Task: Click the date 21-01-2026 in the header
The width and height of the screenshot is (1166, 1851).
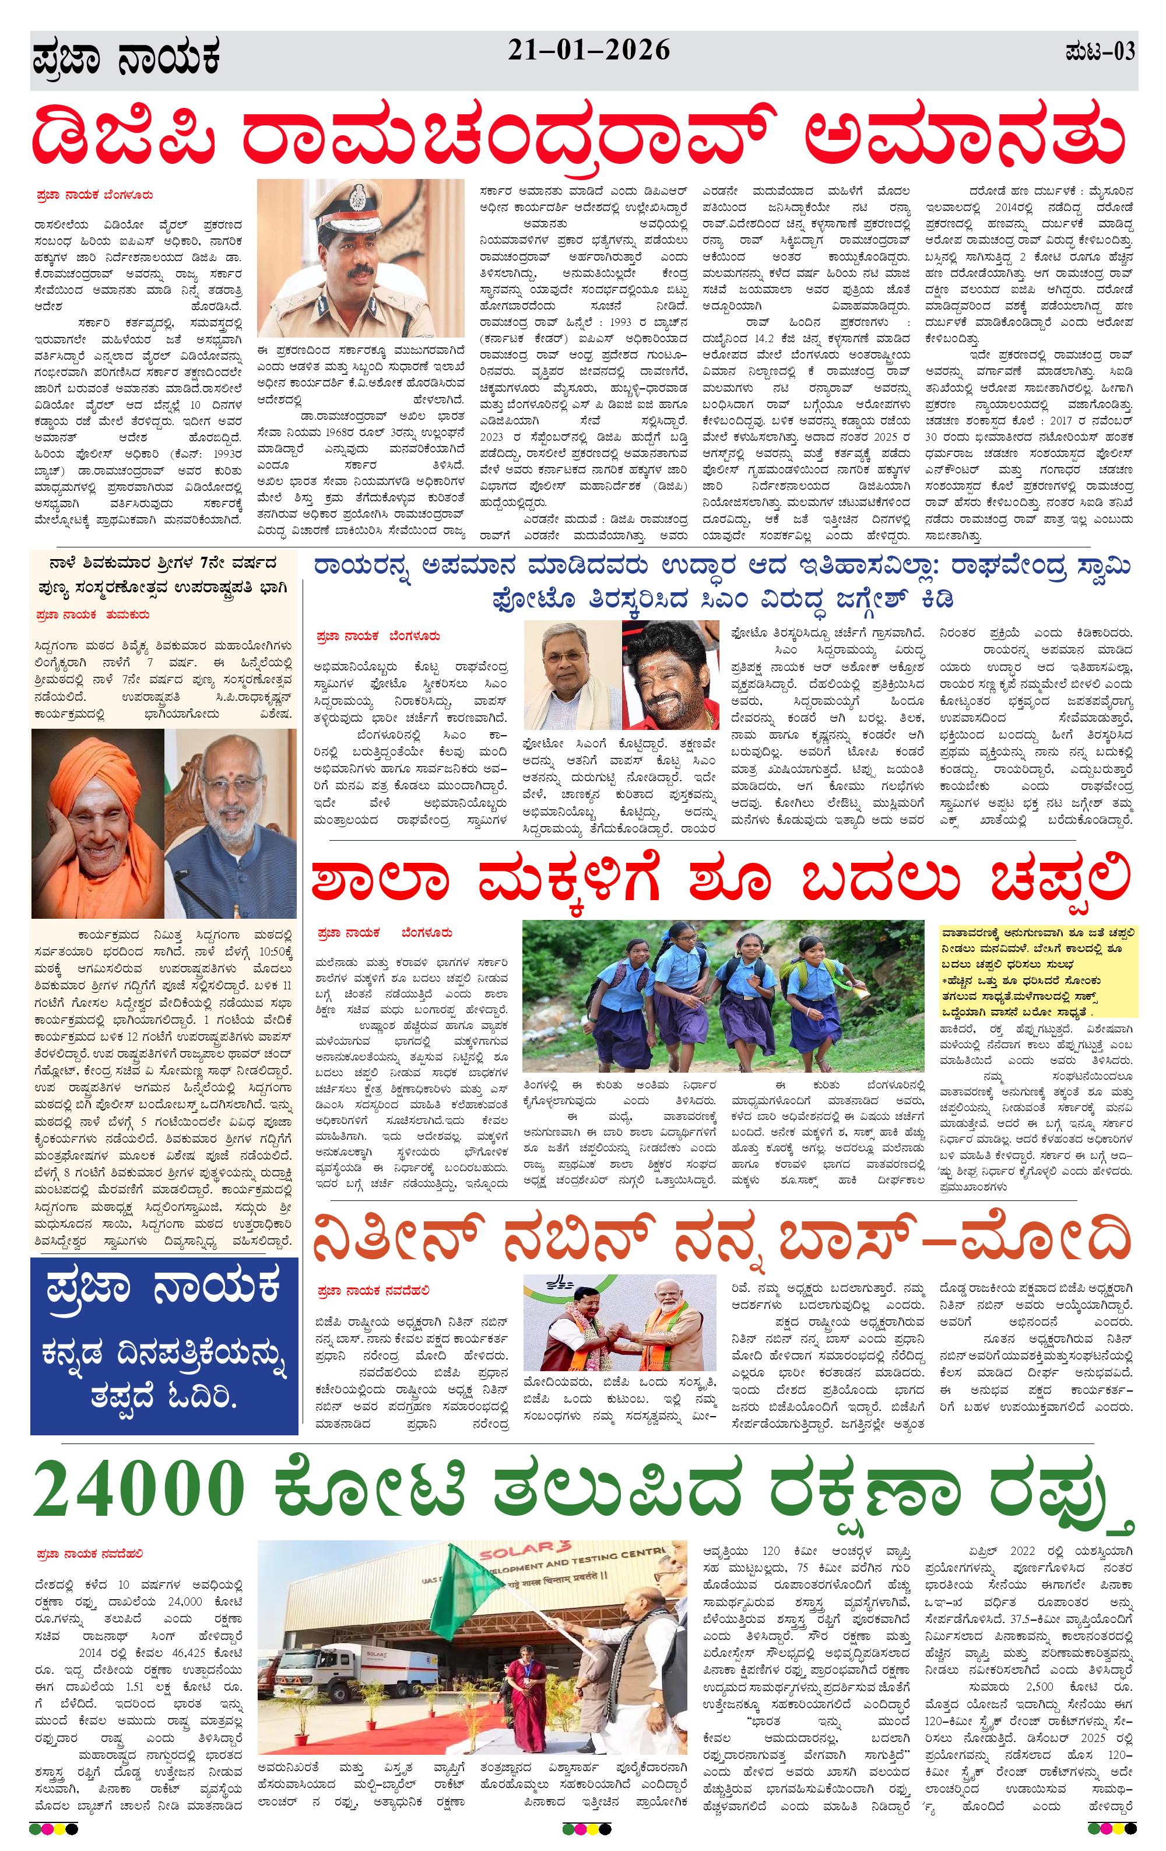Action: coord(588,51)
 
